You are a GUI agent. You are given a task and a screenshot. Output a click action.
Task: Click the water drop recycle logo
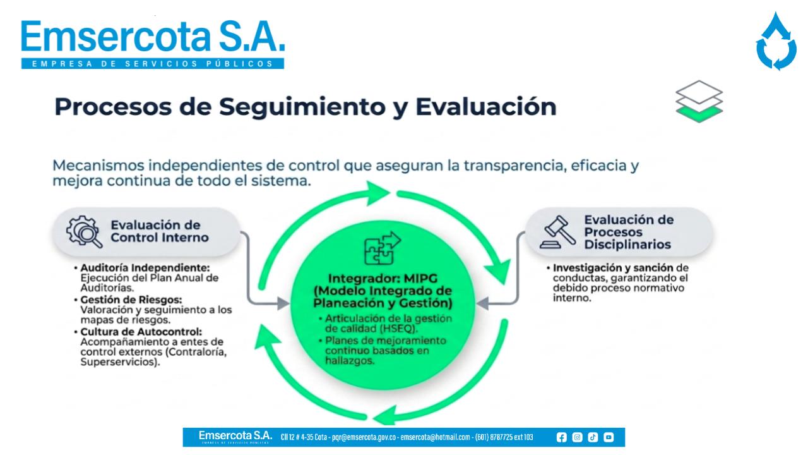(776, 42)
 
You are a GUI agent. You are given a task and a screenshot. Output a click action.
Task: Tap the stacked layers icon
(699, 102)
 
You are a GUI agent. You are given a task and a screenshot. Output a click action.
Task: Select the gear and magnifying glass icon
(84, 232)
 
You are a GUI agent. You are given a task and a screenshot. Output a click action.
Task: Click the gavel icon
(557, 232)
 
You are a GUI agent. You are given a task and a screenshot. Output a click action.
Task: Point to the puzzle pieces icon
(383, 248)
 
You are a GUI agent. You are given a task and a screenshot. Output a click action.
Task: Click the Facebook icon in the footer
(561, 437)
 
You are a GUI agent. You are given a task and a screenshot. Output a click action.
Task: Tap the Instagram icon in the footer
(577, 437)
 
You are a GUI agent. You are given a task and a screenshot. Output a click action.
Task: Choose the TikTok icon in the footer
(593, 437)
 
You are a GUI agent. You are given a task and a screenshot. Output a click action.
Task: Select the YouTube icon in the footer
(609, 437)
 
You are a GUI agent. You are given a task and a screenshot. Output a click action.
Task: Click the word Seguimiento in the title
(302, 107)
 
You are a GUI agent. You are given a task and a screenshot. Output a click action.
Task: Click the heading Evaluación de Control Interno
(160, 231)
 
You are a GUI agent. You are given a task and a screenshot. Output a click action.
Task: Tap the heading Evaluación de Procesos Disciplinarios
(629, 232)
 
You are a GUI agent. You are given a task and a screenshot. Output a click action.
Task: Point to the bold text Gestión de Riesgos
(131, 300)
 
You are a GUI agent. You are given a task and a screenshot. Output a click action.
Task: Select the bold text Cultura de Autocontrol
(141, 332)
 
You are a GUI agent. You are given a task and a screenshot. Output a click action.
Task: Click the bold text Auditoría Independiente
(145, 267)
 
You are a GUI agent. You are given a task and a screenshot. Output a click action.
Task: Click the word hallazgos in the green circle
(349, 360)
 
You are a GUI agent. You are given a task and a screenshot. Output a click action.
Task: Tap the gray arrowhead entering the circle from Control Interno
(283, 303)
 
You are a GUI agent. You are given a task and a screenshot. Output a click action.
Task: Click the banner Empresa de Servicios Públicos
(153, 64)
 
